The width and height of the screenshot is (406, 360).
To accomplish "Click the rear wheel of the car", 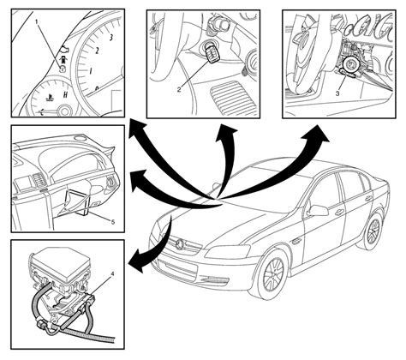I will (x=373, y=230).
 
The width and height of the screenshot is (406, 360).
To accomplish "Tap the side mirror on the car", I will (x=318, y=210).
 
